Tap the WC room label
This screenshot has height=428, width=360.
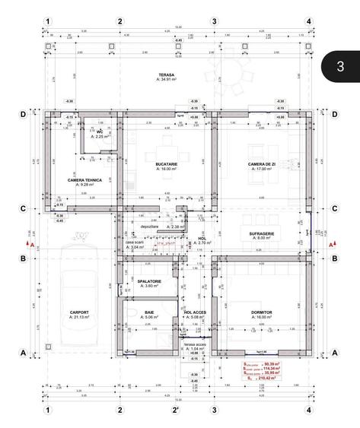coord(100,132)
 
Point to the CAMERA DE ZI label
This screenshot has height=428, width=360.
coord(262,164)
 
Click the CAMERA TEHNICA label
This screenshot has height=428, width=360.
coord(84,180)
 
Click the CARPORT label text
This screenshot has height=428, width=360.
coord(79,312)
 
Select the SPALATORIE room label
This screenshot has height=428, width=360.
coord(149,281)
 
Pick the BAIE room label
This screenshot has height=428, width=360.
coord(149,312)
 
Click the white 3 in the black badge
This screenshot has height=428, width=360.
coord(340,66)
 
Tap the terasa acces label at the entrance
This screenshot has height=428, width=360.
coord(196,344)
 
